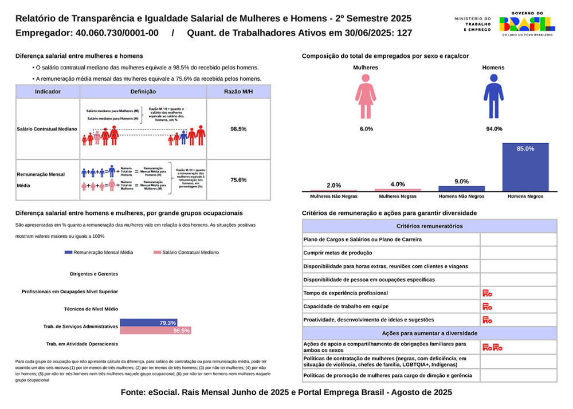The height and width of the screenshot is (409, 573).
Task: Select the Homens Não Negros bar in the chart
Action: [461, 188]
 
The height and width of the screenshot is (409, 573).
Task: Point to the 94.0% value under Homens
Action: [493, 129]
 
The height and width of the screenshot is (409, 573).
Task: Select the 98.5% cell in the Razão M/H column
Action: [238, 129]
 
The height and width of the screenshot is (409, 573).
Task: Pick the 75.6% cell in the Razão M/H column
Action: [238, 180]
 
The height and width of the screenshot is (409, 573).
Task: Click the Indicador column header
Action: [48, 92]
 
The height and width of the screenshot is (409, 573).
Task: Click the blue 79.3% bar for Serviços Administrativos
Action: [148, 323]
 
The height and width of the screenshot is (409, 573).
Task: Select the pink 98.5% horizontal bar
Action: [155, 331]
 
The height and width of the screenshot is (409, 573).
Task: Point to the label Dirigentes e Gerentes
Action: [93, 274]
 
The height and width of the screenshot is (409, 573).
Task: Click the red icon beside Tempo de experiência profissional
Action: [487, 293]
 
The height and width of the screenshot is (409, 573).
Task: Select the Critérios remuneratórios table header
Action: [429, 226]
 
